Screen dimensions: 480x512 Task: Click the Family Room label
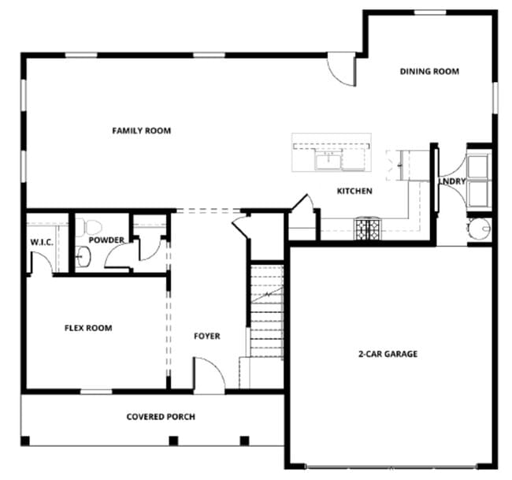coord(141,131)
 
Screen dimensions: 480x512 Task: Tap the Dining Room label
coord(429,72)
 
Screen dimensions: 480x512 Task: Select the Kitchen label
coord(354,191)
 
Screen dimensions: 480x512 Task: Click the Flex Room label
coord(87,328)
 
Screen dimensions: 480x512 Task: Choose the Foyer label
coord(207,337)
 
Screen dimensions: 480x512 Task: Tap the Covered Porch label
coord(161,417)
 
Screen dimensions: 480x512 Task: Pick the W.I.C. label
coord(41,242)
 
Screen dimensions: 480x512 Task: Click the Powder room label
coord(106,240)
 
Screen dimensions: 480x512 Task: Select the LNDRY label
coord(453,181)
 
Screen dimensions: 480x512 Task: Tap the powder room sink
coord(84,255)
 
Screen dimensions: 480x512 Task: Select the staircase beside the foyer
coord(266,311)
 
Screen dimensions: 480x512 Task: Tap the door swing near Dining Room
coord(342,71)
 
